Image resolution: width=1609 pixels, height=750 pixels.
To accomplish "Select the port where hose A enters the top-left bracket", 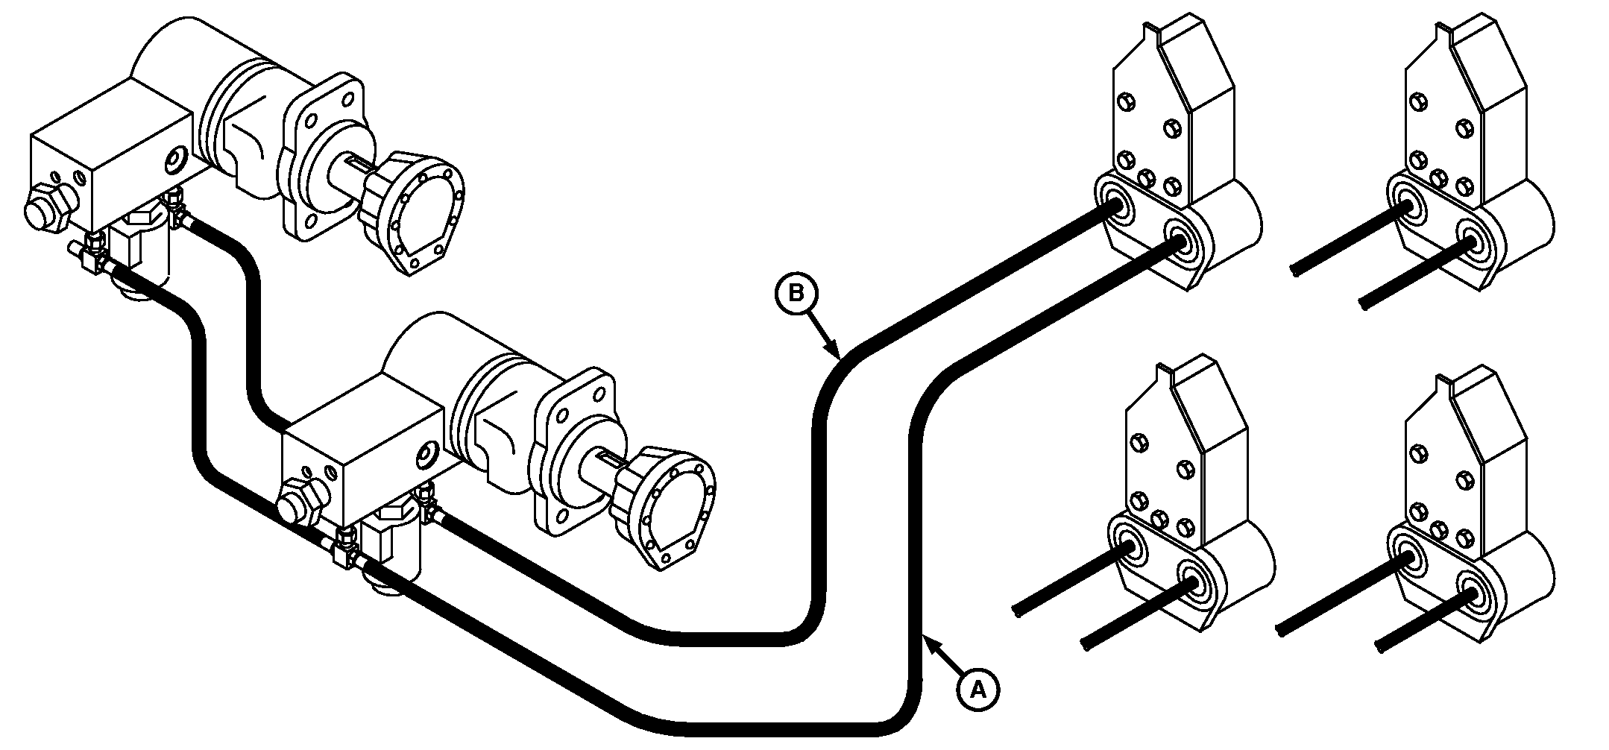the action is [1180, 241].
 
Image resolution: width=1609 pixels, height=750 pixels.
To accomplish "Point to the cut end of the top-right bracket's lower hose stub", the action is [1364, 305].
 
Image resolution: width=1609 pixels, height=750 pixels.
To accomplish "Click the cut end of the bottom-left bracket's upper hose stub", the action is [1018, 610].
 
